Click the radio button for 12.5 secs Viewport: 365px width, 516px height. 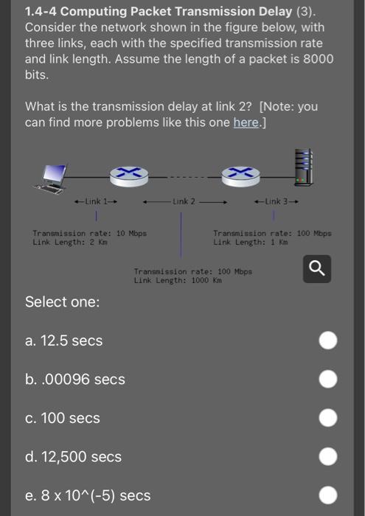[329, 341]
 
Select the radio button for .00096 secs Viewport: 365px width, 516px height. [329, 379]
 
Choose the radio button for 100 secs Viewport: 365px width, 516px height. [329, 418]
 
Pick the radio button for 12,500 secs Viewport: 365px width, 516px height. [329, 457]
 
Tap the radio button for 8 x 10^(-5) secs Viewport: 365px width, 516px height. [329, 495]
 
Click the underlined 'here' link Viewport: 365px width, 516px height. [246, 122]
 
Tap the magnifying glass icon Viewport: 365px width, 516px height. [316, 269]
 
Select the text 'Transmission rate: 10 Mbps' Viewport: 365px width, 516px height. [89, 233]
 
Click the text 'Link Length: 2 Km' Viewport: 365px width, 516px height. [70, 242]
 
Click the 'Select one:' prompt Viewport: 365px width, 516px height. [63, 302]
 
